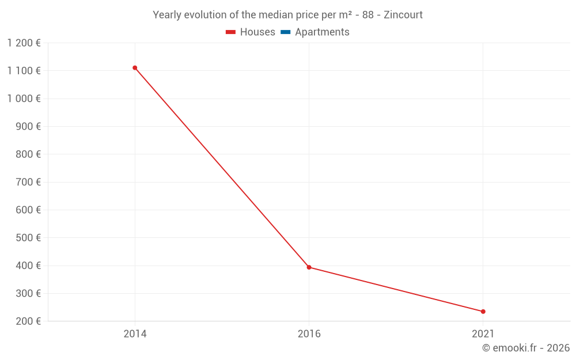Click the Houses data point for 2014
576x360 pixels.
pos(135,68)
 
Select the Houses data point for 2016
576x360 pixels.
pos(309,267)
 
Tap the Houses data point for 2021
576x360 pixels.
pos(483,312)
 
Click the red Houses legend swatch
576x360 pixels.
pos(231,32)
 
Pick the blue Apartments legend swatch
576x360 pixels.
pos(285,32)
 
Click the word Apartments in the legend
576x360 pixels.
pos(322,32)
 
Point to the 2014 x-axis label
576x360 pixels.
pos(135,334)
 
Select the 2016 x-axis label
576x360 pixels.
pos(309,334)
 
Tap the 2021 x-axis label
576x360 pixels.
pos(483,334)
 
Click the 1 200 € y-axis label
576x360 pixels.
pos(24,43)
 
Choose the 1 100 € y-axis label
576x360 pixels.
pos(24,71)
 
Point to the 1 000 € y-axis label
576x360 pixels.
pos(24,98)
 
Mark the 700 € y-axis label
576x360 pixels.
pos(28,182)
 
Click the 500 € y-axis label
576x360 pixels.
pos(28,238)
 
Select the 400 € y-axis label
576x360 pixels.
pos(28,266)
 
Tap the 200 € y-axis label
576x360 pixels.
pos(28,321)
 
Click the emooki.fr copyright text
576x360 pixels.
pos(525,348)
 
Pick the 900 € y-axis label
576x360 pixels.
pos(28,127)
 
